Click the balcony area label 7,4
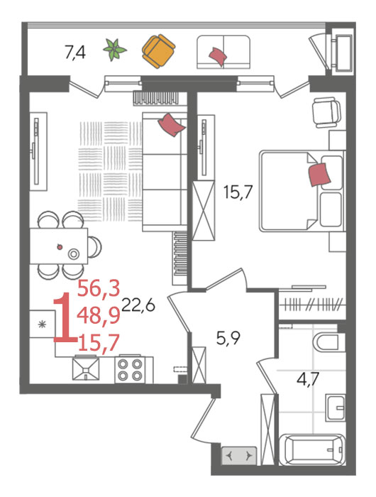coord(75,53)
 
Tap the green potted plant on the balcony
coord(115,50)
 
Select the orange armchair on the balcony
coord(158,51)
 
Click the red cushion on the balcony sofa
coord(218,57)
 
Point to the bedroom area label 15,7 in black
coord(238,192)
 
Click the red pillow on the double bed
coord(319,175)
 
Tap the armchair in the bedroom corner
coord(326,112)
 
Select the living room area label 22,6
coord(138,305)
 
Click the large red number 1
coord(65,317)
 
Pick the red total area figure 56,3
coord(99,288)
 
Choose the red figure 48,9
coord(99,316)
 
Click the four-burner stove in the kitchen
coord(130,369)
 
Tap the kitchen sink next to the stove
coord(86,368)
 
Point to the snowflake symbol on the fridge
coord(42,324)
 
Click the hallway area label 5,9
coord(228,338)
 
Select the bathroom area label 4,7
coord(308,378)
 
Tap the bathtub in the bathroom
coord(312,449)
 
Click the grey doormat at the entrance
coord(238,456)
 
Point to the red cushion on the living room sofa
coord(171,125)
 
